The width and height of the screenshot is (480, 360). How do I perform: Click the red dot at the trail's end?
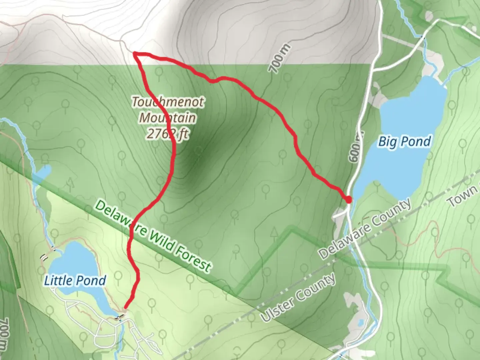(x=348, y=200)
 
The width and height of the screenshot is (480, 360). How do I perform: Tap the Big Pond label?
(x=404, y=142)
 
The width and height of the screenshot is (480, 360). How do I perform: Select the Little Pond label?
(x=75, y=281)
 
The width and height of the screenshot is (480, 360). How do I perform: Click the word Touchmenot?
(x=168, y=102)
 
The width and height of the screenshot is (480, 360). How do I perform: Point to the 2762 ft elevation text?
(x=167, y=134)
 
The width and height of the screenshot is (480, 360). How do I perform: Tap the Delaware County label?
(x=365, y=229)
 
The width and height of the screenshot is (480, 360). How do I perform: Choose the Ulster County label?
(x=298, y=298)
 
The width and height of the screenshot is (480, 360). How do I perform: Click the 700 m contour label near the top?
(x=279, y=58)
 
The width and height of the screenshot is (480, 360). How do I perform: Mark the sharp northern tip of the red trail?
(x=134, y=53)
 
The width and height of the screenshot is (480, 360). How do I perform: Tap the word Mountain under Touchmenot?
(x=168, y=118)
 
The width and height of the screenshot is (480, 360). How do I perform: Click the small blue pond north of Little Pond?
(x=43, y=171)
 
